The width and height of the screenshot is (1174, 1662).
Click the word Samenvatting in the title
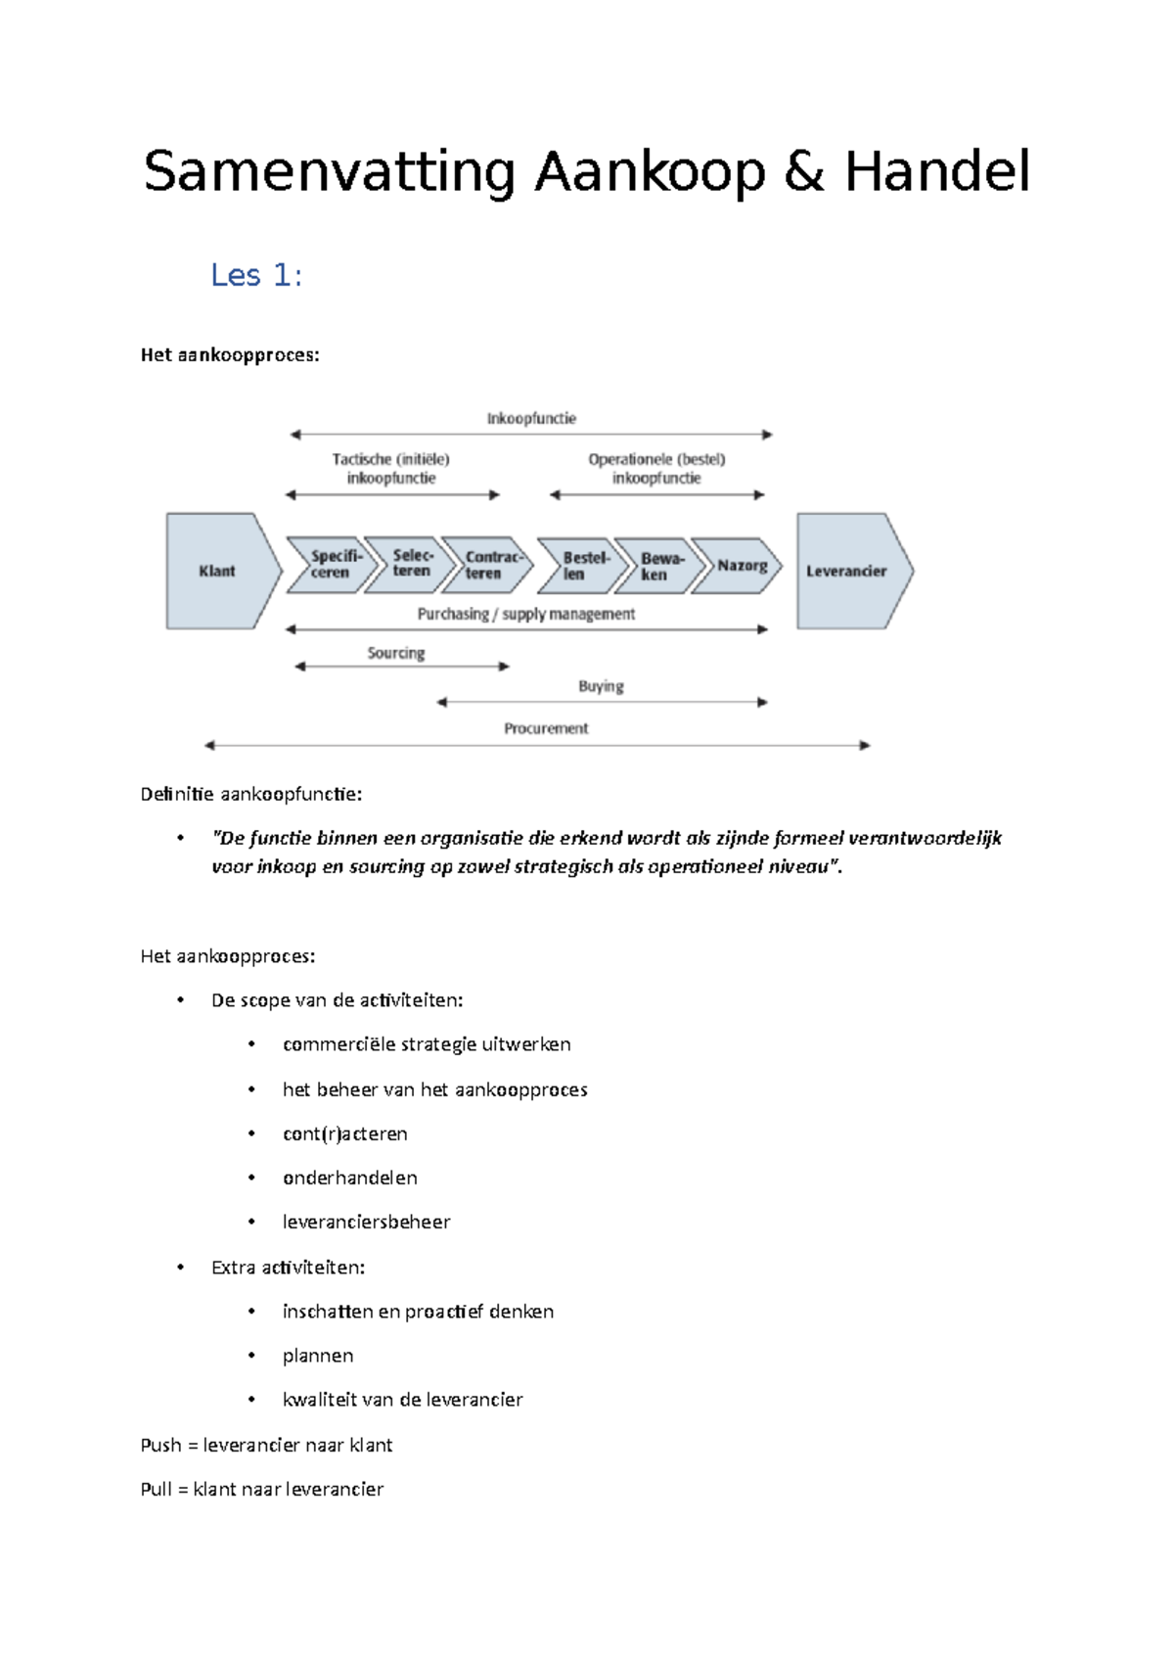(329, 173)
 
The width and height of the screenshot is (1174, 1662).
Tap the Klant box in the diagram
(217, 571)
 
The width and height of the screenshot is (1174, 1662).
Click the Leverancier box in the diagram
(847, 571)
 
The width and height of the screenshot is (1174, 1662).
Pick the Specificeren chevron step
(332, 565)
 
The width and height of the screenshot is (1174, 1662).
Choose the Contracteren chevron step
(489, 565)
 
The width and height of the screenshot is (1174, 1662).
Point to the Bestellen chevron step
(582, 566)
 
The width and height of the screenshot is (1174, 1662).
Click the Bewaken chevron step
(658, 566)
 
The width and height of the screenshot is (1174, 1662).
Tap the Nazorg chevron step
(741, 566)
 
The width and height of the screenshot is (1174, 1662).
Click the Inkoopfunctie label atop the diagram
(531, 419)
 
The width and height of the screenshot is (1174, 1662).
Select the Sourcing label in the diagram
(396, 653)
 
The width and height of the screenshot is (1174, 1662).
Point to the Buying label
(601, 686)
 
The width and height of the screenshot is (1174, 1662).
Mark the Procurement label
(546, 728)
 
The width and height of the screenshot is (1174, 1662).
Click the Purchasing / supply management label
(526, 614)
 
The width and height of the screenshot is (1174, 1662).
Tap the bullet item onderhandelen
(349, 1177)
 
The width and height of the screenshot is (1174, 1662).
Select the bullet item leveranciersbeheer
(366, 1222)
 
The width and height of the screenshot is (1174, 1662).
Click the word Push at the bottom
(161, 1445)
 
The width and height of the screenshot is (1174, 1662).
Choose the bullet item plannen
(318, 1356)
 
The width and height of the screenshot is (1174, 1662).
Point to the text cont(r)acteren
(344, 1133)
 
